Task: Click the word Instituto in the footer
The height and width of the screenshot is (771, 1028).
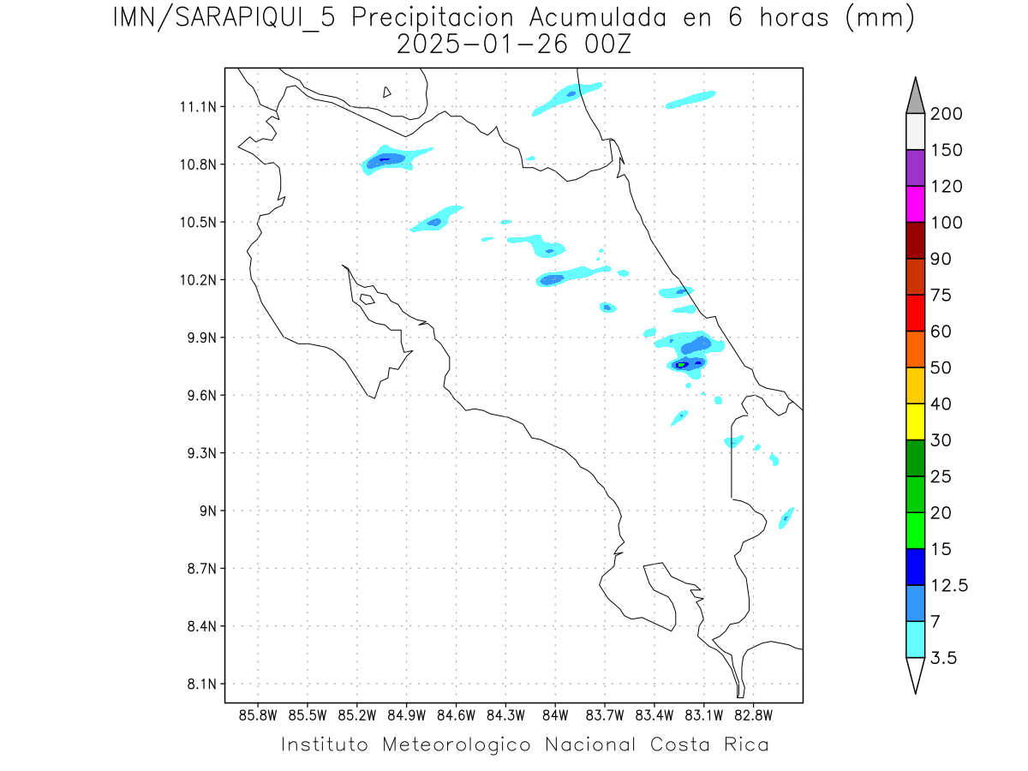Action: coord(325,744)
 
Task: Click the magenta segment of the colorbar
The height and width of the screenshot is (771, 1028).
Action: coord(915,204)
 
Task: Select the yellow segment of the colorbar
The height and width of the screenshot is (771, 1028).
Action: coord(915,421)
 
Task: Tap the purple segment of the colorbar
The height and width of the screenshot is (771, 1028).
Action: coord(915,168)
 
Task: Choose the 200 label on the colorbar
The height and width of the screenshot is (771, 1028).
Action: coord(947,115)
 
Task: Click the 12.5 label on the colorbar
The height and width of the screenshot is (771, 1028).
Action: coord(950,586)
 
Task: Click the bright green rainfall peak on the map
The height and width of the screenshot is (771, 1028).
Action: coord(682,365)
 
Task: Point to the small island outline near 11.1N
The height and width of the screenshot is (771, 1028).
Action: coord(387,92)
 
